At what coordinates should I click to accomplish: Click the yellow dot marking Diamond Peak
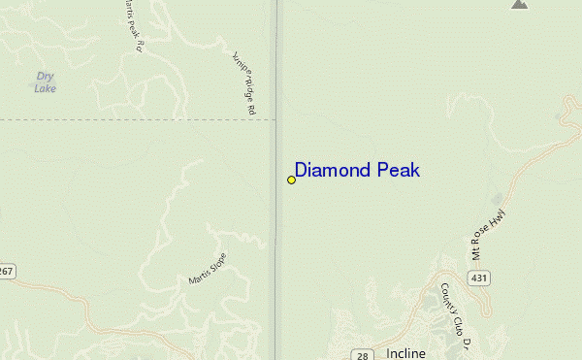(291, 180)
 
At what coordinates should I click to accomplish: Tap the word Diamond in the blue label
(331, 171)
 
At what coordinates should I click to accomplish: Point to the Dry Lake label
(45, 82)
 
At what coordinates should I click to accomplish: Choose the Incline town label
(405, 353)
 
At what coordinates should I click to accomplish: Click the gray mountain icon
(520, 4)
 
